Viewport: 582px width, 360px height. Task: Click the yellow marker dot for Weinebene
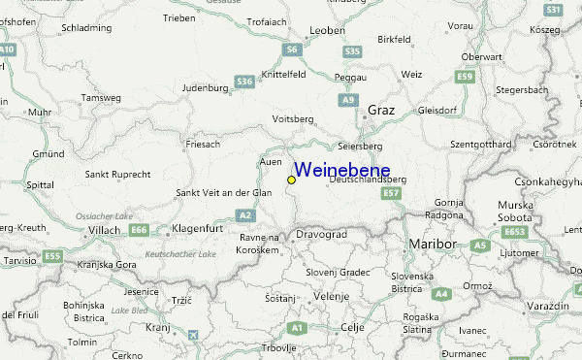pos(291,180)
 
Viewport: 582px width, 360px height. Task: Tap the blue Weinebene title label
pos(341,170)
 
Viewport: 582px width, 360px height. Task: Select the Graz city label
pos(380,111)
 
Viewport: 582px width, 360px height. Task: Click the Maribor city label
pos(433,243)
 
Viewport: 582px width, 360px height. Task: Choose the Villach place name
pos(103,230)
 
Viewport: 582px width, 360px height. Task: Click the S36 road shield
pos(244,82)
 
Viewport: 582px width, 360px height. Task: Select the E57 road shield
pos(391,194)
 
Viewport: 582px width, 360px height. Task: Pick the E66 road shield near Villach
pos(140,230)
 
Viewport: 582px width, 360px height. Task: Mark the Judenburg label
pos(204,87)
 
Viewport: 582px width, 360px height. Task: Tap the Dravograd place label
pos(320,234)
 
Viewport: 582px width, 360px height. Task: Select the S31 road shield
pos(553,10)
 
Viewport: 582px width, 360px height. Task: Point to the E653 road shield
pos(515,233)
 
